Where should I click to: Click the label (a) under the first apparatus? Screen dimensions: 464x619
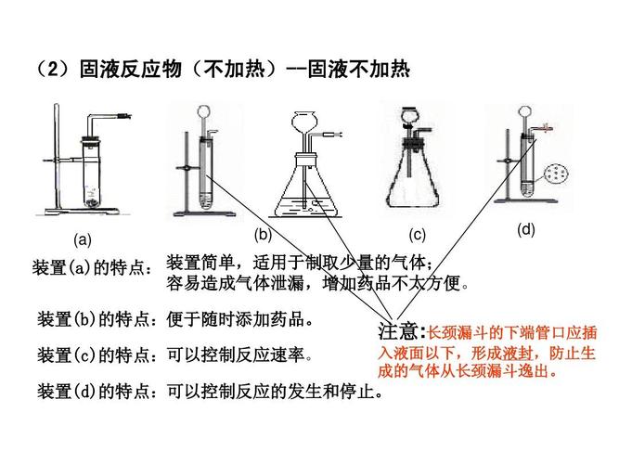[x=84, y=239]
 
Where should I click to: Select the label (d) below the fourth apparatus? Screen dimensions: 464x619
[x=526, y=229]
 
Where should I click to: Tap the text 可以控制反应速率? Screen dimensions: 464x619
[x=239, y=355]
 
